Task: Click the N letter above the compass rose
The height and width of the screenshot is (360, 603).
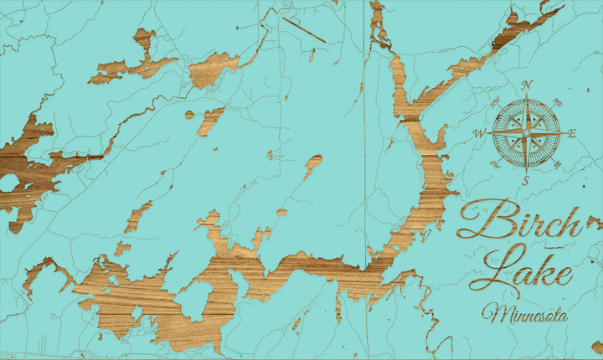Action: pyautogui.click(x=527, y=85)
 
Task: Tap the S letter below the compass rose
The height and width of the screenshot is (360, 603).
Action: pyautogui.click(x=526, y=180)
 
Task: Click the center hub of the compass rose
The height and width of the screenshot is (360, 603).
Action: pyautogui.click(x=527, y=132)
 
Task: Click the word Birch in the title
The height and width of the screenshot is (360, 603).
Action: pyautogui.click(x=519, y=222)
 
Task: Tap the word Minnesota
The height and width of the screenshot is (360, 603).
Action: pyautogui.click(x=525, y=316)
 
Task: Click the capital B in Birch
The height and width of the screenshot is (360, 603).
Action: pyautogui.click(x=481, y=220)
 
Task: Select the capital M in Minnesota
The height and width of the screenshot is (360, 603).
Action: pyautogui.click(x=493, y=314)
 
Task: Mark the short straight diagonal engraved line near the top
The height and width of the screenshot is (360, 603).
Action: pyautogui.click(x=303, y=29)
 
